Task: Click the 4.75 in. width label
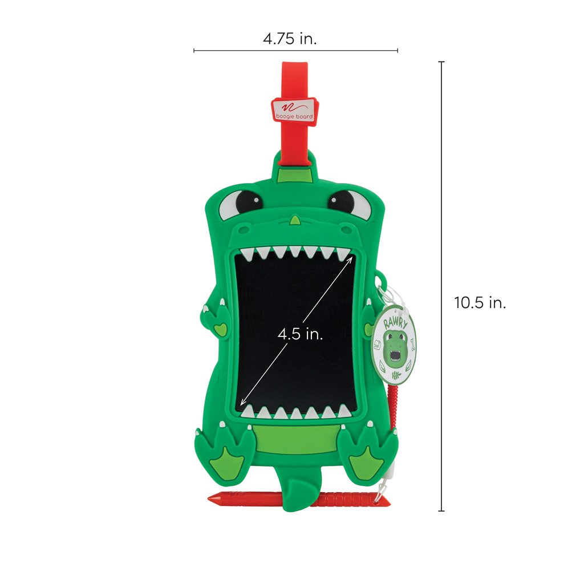pyautogui.click(x=290, y=39)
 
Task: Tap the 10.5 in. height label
pyautogui.click(x=480, y=302)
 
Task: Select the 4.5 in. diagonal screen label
pyautogui.click(x=300, y=334)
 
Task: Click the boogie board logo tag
pyautogui.click(x=295, y=109)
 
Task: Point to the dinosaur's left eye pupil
pyautogui.click(x=249, y=201)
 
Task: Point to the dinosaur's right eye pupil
pyautogui.click(x=341, y=201)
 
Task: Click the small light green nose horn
pyautogui.click(x=295, y=220)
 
